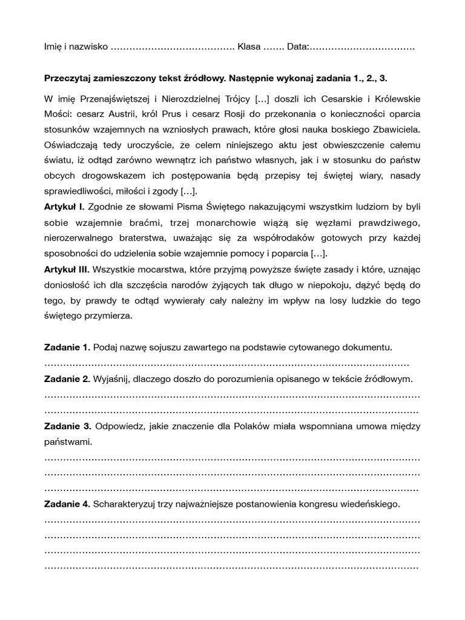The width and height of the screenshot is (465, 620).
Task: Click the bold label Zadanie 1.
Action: click(67, 347)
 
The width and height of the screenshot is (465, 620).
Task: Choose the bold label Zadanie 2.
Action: click(67, 378)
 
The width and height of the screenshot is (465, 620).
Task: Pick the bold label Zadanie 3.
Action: click(67, 426)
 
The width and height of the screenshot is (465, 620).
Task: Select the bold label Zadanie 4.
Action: click(67, 503)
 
